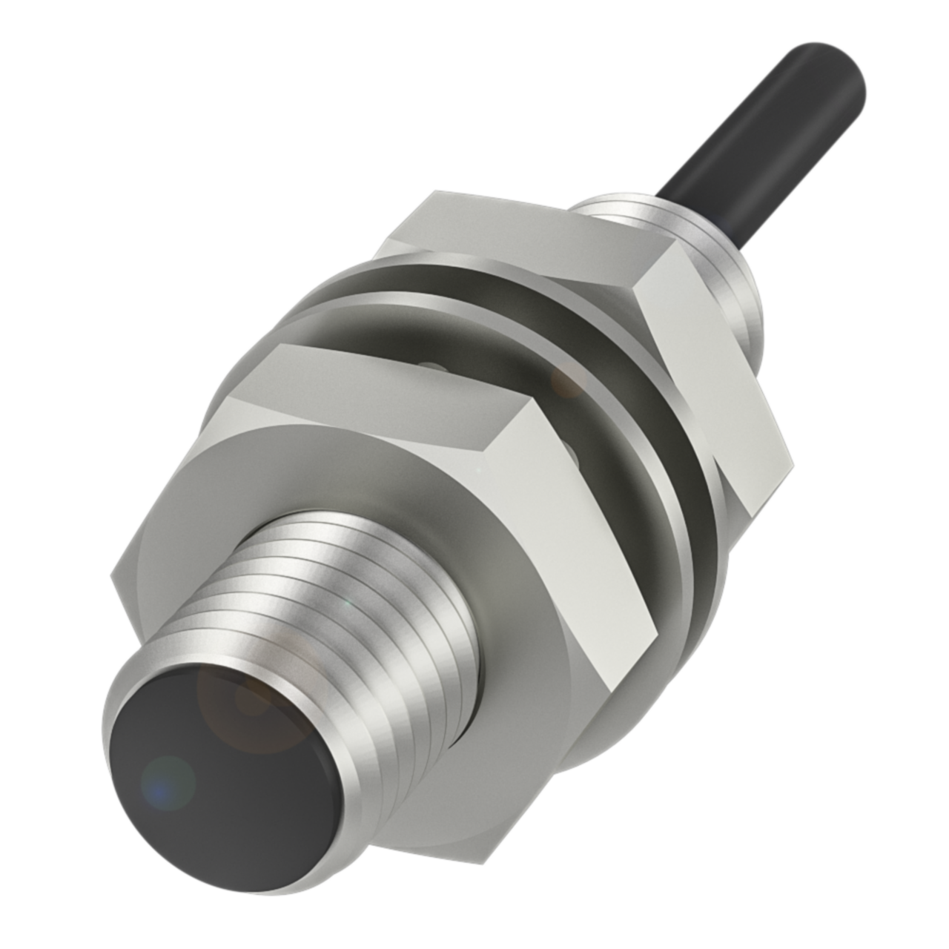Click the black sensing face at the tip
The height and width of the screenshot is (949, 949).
tap(222, 749)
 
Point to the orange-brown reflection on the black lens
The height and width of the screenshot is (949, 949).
tap(245, 697)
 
